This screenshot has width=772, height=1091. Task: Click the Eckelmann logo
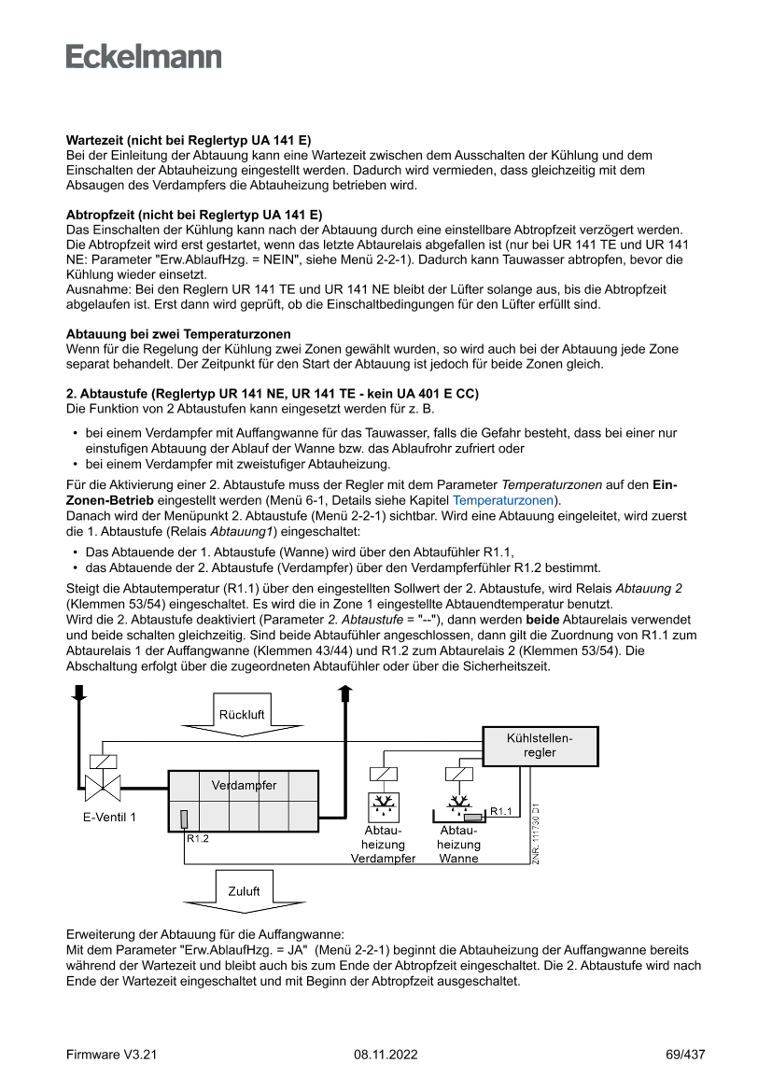(x=144, y=56)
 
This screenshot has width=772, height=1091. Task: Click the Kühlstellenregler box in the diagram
(x=540, y=745)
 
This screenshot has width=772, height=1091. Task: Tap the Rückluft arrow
(x=242, y=715)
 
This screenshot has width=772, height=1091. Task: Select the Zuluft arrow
(x=244, y=891)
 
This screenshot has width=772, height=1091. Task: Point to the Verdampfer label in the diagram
(x=244, y=785)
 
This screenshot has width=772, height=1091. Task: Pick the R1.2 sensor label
(x=197, y=838)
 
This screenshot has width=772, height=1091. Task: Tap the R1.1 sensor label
(x=501, y=811)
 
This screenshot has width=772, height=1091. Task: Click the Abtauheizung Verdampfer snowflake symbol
(x=383, y=805)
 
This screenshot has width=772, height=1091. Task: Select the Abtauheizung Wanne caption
(x=458, y=844)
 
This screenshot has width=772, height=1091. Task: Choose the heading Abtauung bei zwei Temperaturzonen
(x=178, y=334)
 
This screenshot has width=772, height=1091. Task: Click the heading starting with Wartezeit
(x=189, y=139)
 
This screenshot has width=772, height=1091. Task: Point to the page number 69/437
(x=685, y=1055)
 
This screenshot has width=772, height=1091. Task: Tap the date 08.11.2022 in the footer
(x=386, y=1055)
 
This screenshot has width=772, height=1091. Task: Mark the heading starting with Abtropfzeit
(x=194, y=215)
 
